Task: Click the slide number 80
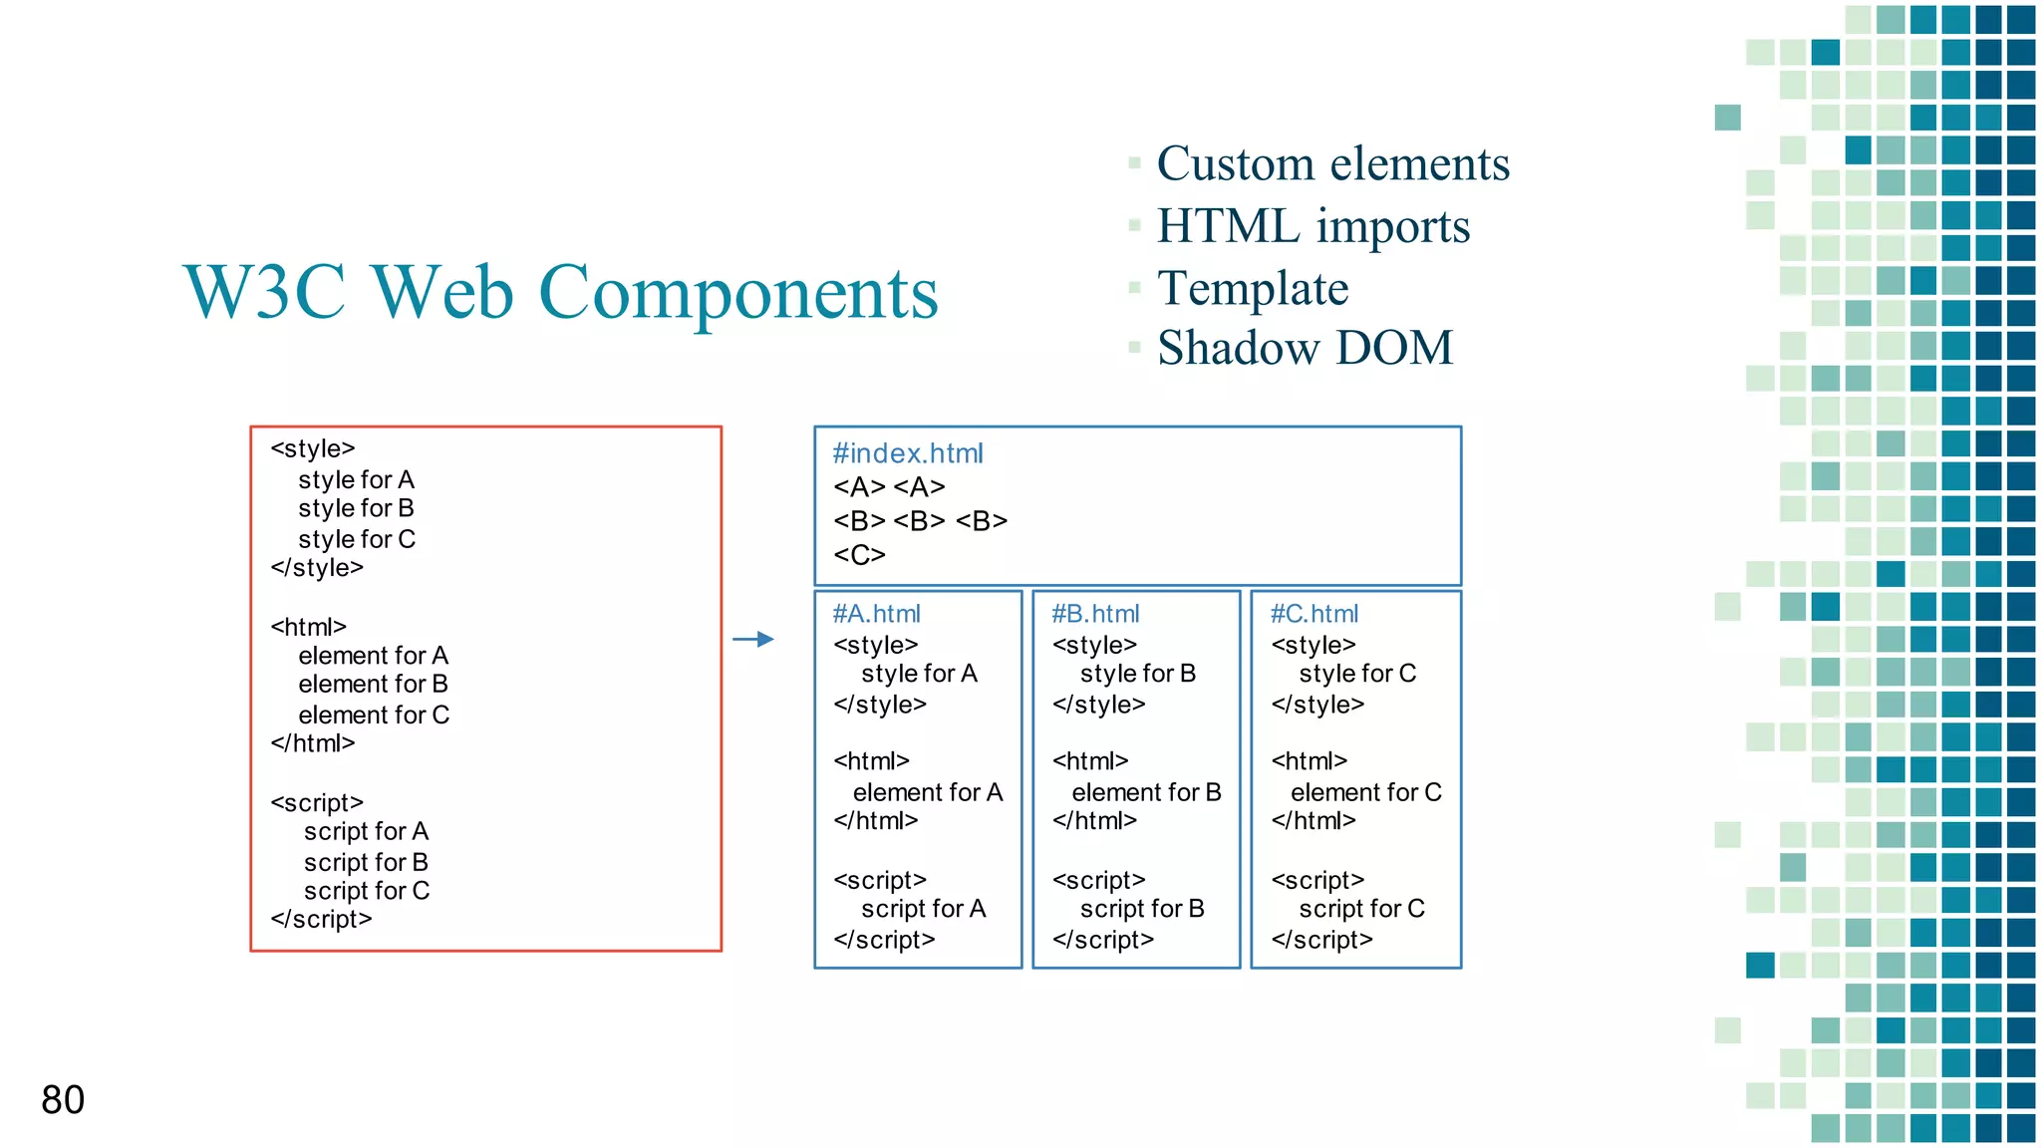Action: click(x=63, y=1100)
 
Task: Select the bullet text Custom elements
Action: click(x=1332, y=163)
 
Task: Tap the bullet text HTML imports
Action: click(x=1312, y=226)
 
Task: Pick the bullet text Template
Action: click(x=1253, y=289)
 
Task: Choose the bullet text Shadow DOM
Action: click(x=1305, y=349)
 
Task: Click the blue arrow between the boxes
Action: click(x=753, y=639)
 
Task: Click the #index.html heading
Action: click(x=907, y=453)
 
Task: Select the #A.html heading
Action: click(x=876, y=614)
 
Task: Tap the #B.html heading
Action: click(x=1095, y=614)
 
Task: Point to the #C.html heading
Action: click(x=1313, y=614)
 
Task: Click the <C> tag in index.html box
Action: click(x=859, y=554)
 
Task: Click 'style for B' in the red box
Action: click(x=356, y=508)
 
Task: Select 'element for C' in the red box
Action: click(x=374, y=715)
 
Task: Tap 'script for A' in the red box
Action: click(x=366, y=831)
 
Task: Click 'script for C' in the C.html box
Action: click(x=1361, y=909)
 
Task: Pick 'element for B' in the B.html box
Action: click(x=1146, y=792)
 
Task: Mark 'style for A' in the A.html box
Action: click(x=919, y=674)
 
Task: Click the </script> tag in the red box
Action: click(x=321, y=919)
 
